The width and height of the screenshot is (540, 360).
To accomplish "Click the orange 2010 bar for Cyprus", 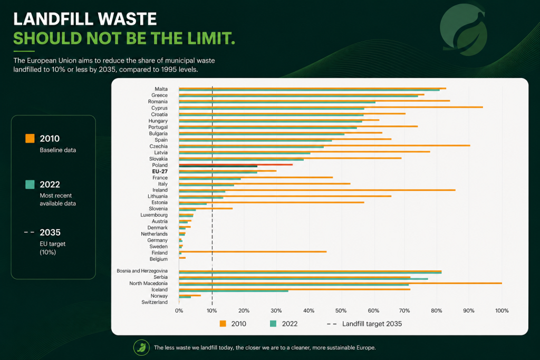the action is coord(331,107).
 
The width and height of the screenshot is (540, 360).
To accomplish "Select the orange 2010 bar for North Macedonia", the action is coord(340,283).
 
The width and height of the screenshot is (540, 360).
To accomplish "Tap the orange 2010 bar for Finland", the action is coord(253,251).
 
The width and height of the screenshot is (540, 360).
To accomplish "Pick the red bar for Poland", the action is coord(236,164).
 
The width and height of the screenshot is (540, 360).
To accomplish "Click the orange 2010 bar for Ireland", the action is coord(317,190).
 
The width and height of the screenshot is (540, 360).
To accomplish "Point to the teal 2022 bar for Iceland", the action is coord(234,291).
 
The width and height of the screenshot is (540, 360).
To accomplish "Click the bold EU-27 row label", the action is coord(160,171).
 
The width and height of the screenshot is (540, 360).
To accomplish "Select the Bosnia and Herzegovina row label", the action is coord(142,271).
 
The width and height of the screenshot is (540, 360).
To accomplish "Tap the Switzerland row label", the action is coord(155,302).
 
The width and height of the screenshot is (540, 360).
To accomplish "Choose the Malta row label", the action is coord(161,89).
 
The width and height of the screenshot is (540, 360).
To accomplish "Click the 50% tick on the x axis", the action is coord(341,310).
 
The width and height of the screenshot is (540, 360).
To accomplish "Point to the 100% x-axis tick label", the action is coord(502,310).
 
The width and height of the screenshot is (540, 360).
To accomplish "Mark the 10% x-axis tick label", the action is coord(212,310).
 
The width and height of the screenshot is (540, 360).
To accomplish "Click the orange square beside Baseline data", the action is coord(30,138).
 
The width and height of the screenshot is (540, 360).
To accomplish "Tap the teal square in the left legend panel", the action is coord(30,184).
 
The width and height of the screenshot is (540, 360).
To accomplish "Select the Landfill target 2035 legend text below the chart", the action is coord(372,324).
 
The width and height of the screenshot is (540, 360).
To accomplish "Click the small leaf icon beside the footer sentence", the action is coord(141,347).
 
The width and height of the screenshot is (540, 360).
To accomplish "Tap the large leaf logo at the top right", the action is coord(464,30).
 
